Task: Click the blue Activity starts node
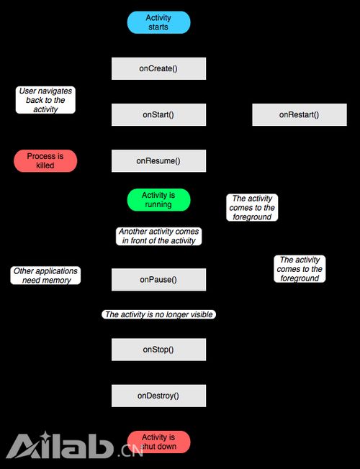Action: coord(158,22)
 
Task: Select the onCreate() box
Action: coord(158,68)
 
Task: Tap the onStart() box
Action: coord(158,114)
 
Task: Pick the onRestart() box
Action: coord(300,114)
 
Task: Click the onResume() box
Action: coord(158,161)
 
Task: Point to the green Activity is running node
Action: coord(158,200)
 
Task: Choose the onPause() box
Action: coord(158,279)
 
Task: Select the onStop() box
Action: coord(158,350)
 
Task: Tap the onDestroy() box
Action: coord(158,396)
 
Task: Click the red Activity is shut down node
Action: coord(158,442)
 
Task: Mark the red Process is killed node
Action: coord(45,161)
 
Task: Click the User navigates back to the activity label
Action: coord(45,100)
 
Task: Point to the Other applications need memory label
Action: coord(45,276)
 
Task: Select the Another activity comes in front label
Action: coord(158,236)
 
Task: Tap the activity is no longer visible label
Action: coord(158,314)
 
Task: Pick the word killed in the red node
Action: coord(45,165)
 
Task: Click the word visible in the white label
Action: coord(202,314)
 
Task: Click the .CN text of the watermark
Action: coord(130,450)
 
